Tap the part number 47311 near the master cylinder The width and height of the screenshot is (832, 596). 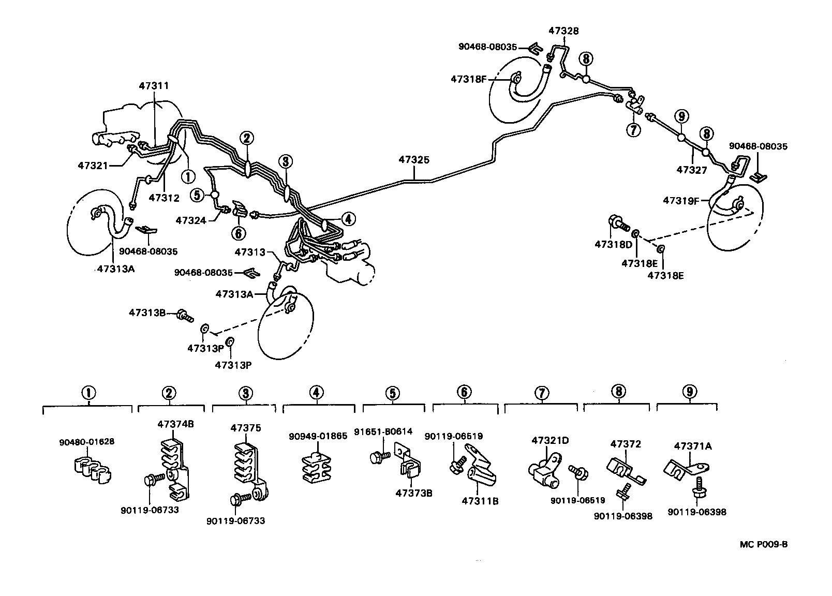154,86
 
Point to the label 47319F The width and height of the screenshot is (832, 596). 681,201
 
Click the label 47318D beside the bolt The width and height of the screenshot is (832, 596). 613,244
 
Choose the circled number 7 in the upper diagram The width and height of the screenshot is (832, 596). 633,130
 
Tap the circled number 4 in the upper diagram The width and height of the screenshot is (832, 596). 348,219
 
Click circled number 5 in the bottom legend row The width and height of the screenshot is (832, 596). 393,393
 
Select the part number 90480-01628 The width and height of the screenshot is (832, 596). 86,442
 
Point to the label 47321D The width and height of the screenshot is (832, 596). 550,440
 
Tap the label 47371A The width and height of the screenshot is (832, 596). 693,446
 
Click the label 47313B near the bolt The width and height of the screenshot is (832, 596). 147,313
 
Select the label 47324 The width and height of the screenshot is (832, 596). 191,220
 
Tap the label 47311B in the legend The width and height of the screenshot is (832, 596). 480,501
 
